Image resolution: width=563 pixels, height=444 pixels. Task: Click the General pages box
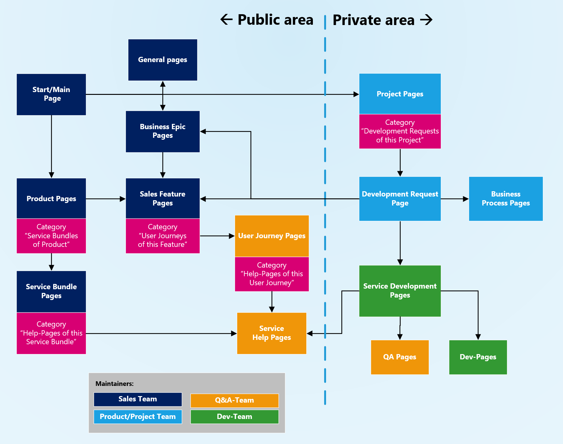point(163,60)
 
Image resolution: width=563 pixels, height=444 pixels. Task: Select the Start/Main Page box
point(51,94)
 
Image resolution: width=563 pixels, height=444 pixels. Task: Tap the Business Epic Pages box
point(163,131)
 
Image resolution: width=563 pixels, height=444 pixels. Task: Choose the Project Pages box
point(400,94)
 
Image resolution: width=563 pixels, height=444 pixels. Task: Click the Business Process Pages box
point(505,199)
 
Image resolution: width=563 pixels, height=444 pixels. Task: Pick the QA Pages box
point(399,357)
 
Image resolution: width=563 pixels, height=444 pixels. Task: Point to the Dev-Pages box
point(478,357)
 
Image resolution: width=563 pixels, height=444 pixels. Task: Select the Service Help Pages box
point(271,333)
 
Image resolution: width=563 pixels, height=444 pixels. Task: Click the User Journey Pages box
point(271,236)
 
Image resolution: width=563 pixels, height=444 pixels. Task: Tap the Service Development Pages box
point(400,291)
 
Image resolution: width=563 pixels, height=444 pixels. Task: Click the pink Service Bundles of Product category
point(51,236)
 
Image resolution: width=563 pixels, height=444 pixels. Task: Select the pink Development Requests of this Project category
point(400,131)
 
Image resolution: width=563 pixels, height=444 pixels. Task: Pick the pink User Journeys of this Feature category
point(163,236)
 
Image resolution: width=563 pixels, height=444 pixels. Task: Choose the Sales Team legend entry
point(138,399)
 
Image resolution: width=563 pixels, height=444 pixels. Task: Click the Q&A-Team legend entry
point(234,400)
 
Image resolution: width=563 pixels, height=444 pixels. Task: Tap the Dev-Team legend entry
point(234,417)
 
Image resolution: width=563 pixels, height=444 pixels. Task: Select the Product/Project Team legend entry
point(138,417)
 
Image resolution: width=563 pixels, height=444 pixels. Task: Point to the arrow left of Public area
point(226,19)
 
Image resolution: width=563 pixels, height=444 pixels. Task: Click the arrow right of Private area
point(426,20)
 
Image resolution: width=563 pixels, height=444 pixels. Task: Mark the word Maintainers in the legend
point(114,384)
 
